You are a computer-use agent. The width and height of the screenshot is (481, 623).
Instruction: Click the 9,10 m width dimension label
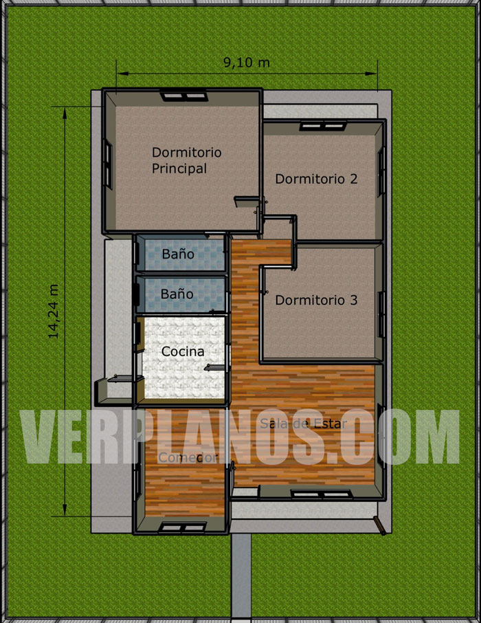click(246, 63)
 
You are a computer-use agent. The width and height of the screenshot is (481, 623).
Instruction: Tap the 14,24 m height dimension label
click(54, 311)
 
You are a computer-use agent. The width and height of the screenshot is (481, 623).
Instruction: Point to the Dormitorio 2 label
click(316, 179)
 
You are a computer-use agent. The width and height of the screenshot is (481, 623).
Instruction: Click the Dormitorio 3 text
click(316, 300)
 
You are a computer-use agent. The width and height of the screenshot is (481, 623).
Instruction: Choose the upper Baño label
click(177, 254)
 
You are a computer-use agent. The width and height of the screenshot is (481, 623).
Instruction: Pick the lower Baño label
click(177, 294)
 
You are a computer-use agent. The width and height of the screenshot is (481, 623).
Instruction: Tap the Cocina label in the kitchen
click(183, 351)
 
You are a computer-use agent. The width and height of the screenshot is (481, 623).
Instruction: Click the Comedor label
click(187, 457)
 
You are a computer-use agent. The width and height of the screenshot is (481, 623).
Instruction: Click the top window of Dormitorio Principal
click(183, 96)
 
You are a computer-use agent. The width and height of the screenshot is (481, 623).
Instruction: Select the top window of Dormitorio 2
click(322, 126)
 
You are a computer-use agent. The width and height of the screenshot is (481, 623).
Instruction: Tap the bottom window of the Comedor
click(183, 527)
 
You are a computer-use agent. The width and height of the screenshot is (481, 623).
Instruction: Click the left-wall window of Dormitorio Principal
click(108, 162)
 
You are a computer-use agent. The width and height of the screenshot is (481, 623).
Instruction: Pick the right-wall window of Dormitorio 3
click(380, 305)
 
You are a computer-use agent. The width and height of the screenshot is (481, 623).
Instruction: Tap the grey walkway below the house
click(241, 578)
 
